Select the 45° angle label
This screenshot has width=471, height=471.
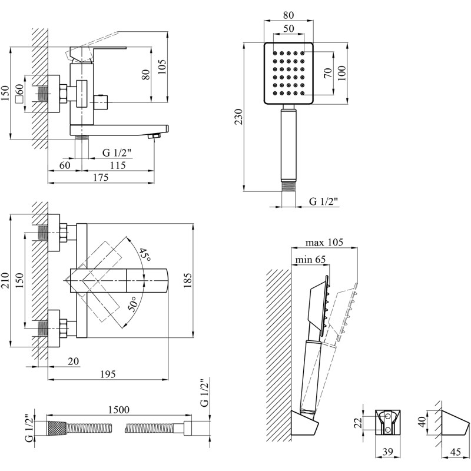pyautogui.click(x=144, y=255)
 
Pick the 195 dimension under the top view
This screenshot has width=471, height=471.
pyautogui.click(x=107, y=374)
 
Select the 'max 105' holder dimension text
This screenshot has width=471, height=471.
pyautogui.click(x=324, y=243)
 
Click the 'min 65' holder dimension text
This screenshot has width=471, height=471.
pyautogui.click(x=310, y=259)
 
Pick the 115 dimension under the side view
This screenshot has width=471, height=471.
pyautogui.click(x=118, y=166)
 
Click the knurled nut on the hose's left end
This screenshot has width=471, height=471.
pyautogui.click(x=56, y=428)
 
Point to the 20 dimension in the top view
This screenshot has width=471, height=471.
pyautogui.click(x=74, y=361)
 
